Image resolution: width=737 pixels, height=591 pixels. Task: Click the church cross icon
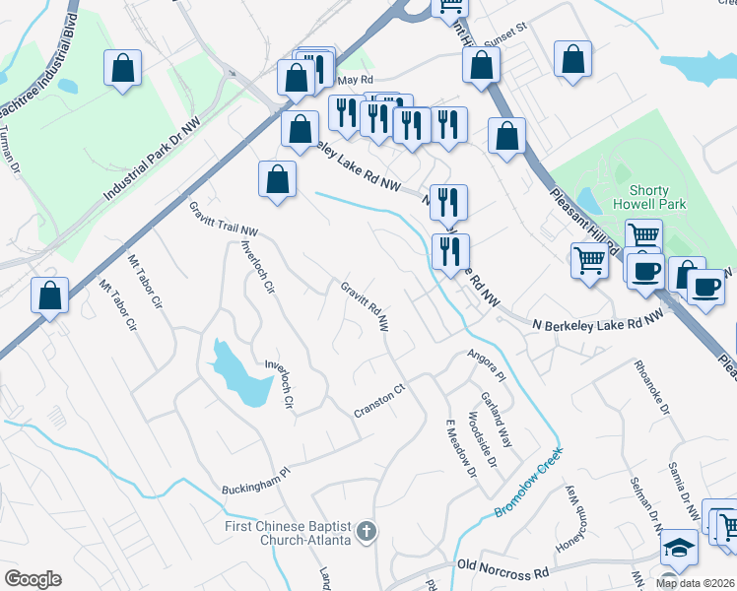pos(366,533)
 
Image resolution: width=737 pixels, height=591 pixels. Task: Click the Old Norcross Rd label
pos(502,568)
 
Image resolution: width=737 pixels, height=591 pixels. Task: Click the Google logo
pos(33,578)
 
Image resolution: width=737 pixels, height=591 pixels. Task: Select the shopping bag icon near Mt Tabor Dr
pos(49,294)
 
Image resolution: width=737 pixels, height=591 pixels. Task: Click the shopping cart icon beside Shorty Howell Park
pos(643,235)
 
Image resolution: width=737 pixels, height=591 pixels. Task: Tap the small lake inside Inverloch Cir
pos(238,372)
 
